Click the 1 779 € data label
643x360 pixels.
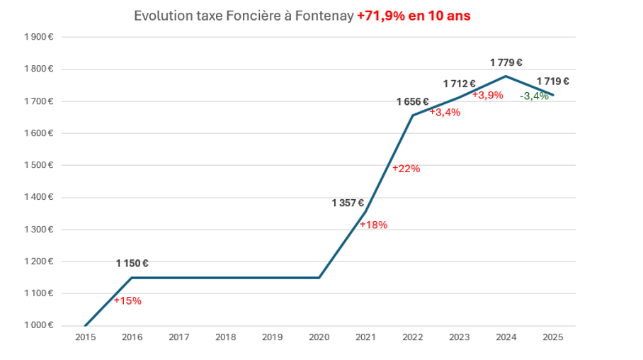[x=506, y=62]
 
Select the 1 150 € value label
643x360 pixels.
[x=132, y=264]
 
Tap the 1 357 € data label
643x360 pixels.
[x=348, y=203]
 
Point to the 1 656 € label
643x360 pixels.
[x=413, y=102]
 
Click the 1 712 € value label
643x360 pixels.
[x=460, y=84]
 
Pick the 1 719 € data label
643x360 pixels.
[x=552, y=81]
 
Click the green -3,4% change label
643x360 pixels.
[x=534, y=96]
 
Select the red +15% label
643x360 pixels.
[x=127, y=300]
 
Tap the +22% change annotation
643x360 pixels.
[x=406, y=169]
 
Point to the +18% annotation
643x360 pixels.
[x=373, y=225]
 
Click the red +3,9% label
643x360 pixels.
[x=488, y=95]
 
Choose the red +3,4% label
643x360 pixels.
[x=445, y=112]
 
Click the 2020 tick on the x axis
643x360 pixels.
[x=319, y=337]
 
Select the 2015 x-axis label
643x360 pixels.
[x=85, y=337]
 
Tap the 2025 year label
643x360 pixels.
[x=553, y=337]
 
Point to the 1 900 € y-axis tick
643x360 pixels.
[x=39, y=37]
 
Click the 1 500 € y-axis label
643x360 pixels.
[x=39, y=165]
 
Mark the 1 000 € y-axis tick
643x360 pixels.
[x=39, y=325]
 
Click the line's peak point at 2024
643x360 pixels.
[x=506, y=76]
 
